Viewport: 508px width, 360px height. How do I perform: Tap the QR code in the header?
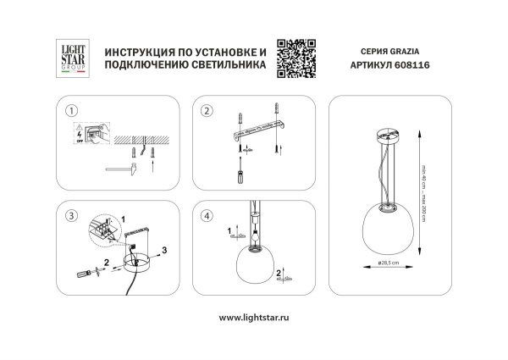coord(296,59)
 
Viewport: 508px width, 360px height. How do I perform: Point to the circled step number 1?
coord(72,111)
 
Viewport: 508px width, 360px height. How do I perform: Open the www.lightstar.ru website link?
coord(254,317)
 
